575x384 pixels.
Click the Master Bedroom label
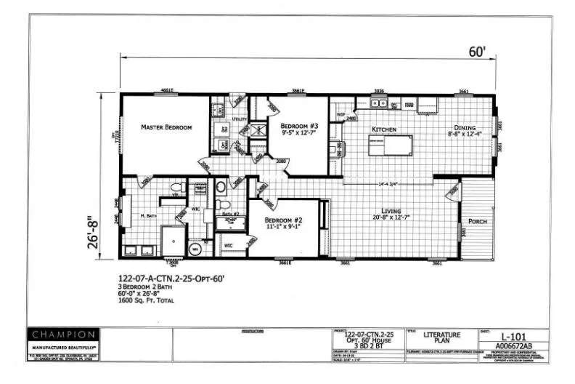click(x=166, y=127)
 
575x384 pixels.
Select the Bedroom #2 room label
click(x=282, y=220)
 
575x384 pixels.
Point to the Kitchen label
click(x=383, y=129)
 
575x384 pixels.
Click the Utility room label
click(x=240, y=119)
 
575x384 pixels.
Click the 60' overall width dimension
click(x=477, y=52)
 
